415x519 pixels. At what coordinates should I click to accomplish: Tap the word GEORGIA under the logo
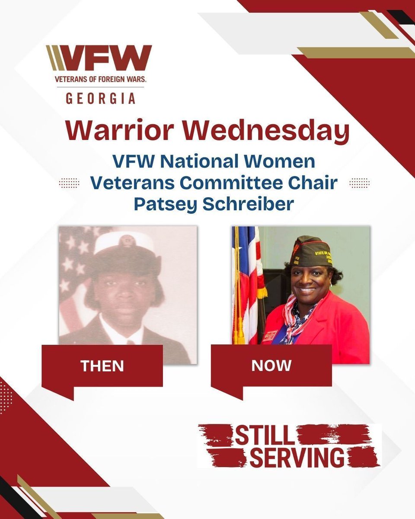click(x=100, y=98)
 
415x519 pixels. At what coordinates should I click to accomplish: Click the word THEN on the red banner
click(x=102, y=366)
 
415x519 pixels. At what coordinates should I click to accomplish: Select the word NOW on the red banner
click(x=271, y=365)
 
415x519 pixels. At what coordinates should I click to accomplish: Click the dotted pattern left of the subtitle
click(x=69, y=183)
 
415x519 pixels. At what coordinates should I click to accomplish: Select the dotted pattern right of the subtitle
click(x=359, y=183)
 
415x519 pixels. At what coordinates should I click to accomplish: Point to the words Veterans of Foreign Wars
click(x=100, y=80)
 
